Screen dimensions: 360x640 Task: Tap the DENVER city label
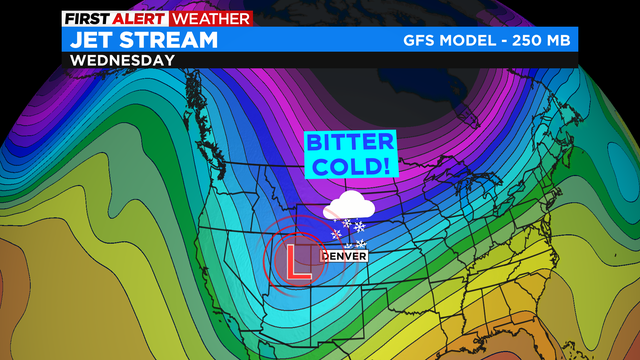[x=344, y=256]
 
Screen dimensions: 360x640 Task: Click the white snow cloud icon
[x=349, y=208]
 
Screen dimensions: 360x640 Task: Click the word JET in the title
[x=92, y=40]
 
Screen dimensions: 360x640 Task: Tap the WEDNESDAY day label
[x=121, y=60]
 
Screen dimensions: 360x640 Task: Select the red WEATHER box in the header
[x=210, y=18]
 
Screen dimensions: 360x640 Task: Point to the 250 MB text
[x=540, y=40]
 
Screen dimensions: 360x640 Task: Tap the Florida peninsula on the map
[x=497, y=335]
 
